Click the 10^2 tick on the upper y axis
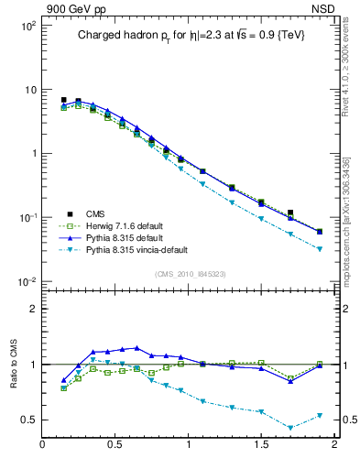click(27, 26)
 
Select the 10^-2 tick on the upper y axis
click(27, 281)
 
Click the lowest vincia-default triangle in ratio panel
click(290, 428)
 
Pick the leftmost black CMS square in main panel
click(63, 100)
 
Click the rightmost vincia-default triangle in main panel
click(320, 249)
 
